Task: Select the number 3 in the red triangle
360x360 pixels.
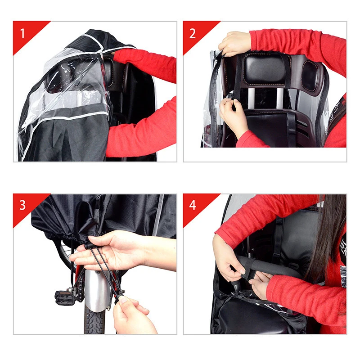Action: (x=22, y=206)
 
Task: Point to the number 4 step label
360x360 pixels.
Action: (x=193, y=206)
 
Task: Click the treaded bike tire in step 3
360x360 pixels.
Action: (x=95, y=322)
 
